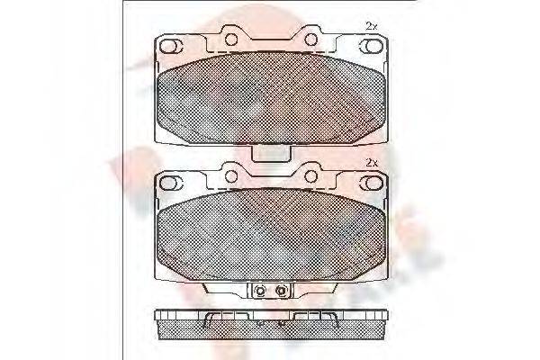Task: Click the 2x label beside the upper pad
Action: (371, 24)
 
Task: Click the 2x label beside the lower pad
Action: (371, 162)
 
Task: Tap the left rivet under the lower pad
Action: (260, 290)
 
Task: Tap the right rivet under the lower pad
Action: (280, 290)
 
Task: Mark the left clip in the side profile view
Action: (210, 320)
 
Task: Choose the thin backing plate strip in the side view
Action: (270, 314)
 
